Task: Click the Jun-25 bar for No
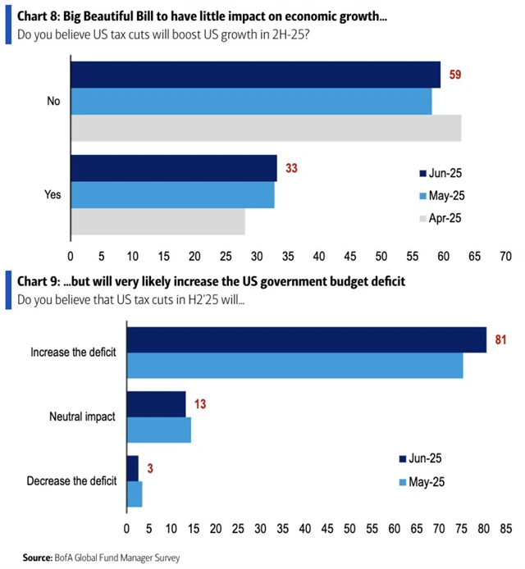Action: pyautogui.click(x=255, y=75)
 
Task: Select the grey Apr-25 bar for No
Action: pyautogui.click(x=266, y=128)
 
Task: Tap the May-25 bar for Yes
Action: pyautogui.click(x=172, y=195)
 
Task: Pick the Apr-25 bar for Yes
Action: pyautogui.click(x=157, y=221)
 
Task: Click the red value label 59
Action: pyautogui.click(x=453, y=75)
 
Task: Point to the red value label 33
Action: pyautogui.click(x=290, y=168)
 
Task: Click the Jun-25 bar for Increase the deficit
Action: pyautogui.click(x=306, y=339)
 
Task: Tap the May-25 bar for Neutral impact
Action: pyautogui.click(x=158, y=430)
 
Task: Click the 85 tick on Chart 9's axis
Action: pyautogui.click(x=497, y=528)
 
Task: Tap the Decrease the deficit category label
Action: pyautogui.click(x=72, y=480)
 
